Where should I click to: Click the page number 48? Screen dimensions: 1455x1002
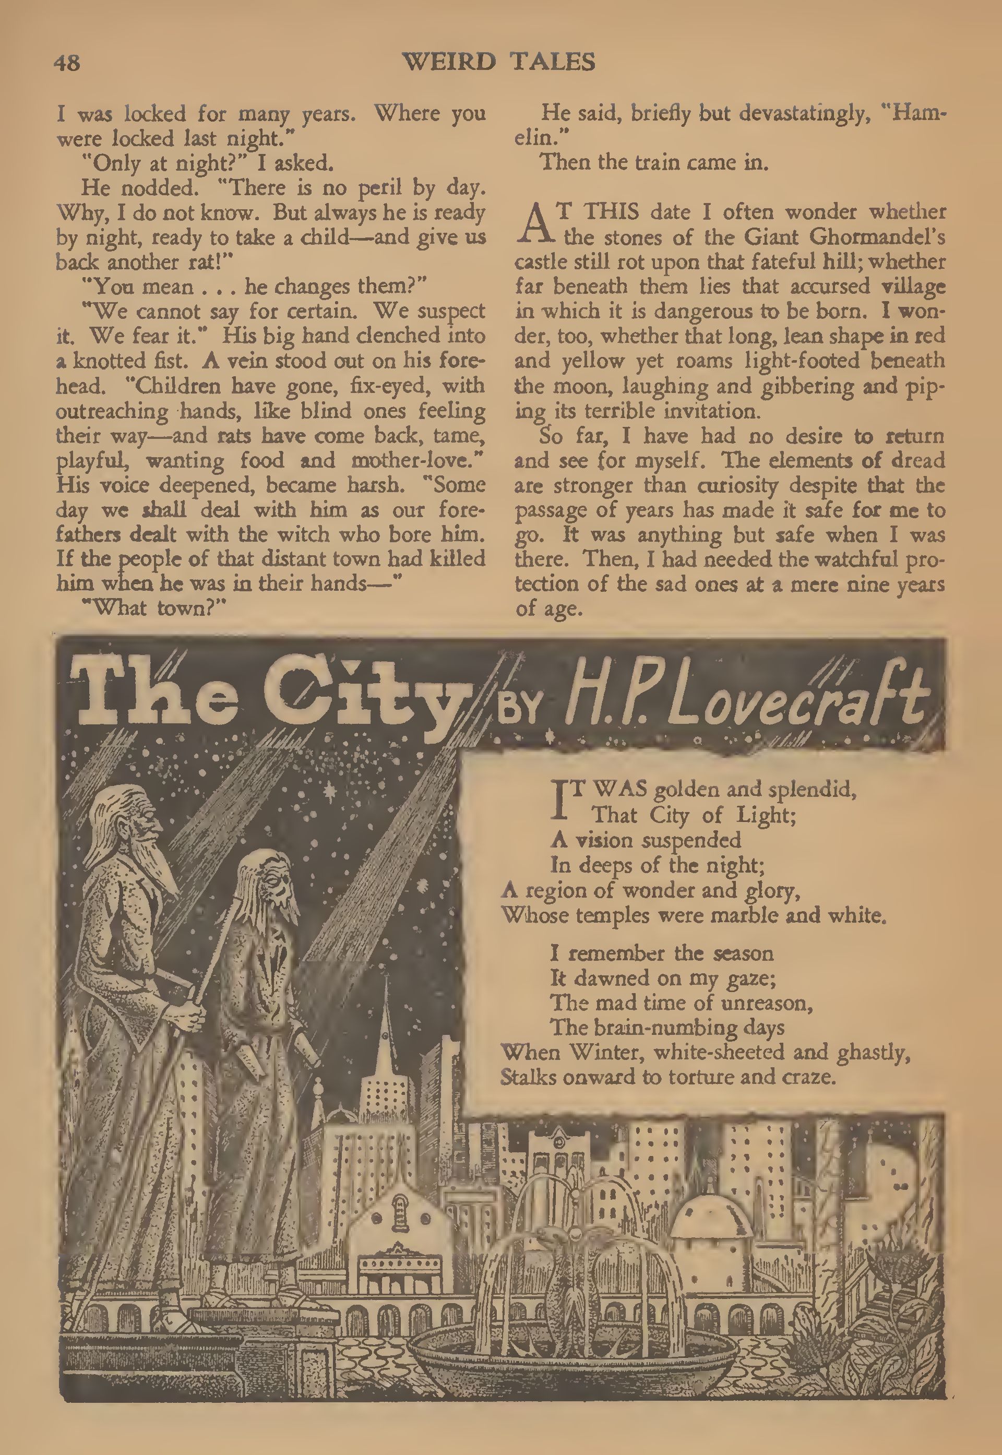point(67,63)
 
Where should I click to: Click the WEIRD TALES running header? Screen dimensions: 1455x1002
point(498,62)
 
